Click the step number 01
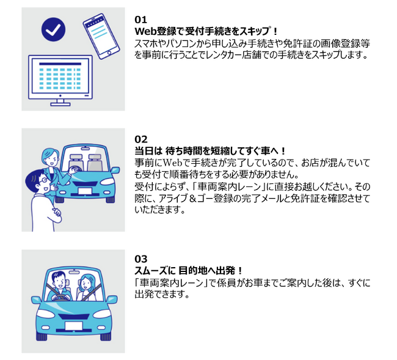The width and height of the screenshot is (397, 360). pyautogui.click(x=140, y=20)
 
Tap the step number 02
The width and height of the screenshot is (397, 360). pyautogui.click(x=140, y=139)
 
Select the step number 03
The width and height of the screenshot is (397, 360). pyautogui.click(x=140, y=259)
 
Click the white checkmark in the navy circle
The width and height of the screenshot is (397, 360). pyautogui.click(x=53, y=29)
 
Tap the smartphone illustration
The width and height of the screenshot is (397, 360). pyautogui.click(x=101, y=36)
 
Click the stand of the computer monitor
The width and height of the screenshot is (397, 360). pyautogui.click(x=60, y=102)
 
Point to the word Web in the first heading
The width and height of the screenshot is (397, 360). pyautogui.click(x=145, y=31)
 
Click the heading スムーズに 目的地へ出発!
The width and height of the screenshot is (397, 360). pyautogui.click(x=188, y=271)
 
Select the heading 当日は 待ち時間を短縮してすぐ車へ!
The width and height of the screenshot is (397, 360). pyautogui.click(x=210, y=151)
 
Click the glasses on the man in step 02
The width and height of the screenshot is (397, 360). pyautogui.click(x=43, y=180)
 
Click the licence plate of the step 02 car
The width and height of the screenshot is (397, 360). pyautogui.click(x=85, y=191)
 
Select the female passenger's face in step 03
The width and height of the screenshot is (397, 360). pyautogui.click(x=85, y=283)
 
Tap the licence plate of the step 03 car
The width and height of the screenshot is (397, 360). pyautogui.click(x=74, y=326)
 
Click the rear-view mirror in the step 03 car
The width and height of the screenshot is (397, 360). pyautogui.click(x=74, y=272)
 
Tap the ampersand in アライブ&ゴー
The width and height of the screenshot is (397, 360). pyautogui.click(x=192, y=199)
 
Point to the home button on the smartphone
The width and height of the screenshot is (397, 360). pyautogui.click(x=109, y=53)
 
